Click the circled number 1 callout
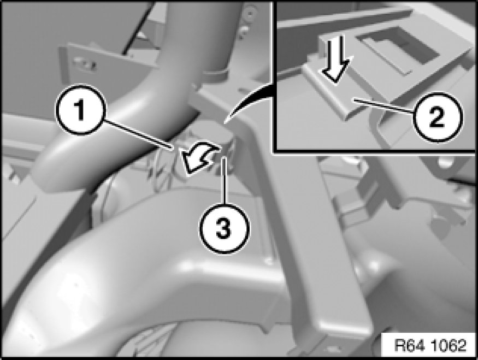pyautogui.click(x=80, y=110)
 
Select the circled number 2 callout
pyautogui.click(x=437, y=117)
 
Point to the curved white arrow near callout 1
pyautogui.click(x=200, y=158)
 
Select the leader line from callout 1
pyautogui.click(x=139, y=135)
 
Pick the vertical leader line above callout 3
pyautogui.click(x=225, y=180)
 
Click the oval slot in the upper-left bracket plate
pyautogui.click(x=85, y=64)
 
